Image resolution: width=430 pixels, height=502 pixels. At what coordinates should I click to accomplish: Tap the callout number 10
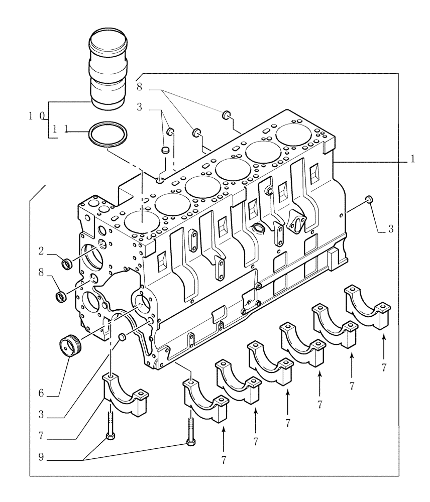[37, 116]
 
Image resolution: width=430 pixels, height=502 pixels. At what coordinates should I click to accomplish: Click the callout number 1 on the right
[412, 160]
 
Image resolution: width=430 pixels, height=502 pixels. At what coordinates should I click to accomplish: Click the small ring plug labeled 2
[65, 262]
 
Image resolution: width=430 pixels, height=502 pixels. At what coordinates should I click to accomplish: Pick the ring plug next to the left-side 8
[61, 297]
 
